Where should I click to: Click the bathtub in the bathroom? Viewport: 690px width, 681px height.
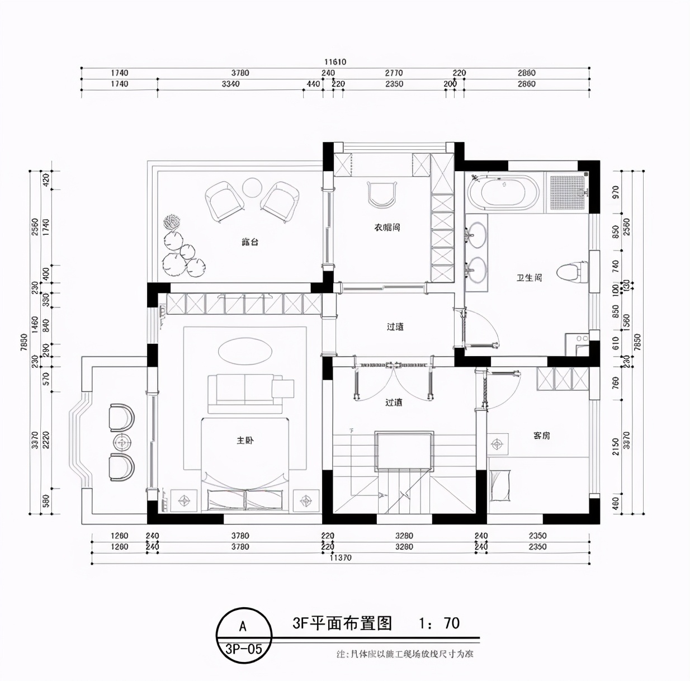[x=503, y=192]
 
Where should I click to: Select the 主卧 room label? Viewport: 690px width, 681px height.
[x=245, y=441]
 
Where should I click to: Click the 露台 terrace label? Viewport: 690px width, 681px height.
[x=250, y=242]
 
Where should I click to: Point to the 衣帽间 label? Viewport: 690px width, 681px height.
[x=387, y=228]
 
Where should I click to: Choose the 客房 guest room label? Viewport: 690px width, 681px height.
[x=541, y=435]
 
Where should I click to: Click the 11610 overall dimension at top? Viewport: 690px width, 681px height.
[x=335, y=62]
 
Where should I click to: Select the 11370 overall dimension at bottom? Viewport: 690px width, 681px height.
[x=341, y=557]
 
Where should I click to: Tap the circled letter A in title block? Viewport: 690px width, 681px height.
[x=243, y=626]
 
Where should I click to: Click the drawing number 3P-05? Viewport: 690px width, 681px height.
[x=243, y=649]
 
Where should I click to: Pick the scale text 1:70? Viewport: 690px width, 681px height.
[x=439, y=623]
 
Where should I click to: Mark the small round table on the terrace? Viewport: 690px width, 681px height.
[x=252, y=187]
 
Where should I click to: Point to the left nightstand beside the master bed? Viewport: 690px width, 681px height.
[x=183, y=500]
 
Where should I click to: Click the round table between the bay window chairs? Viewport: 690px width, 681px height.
[x=122, y=442]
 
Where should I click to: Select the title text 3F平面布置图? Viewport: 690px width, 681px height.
[x=342, y=623]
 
